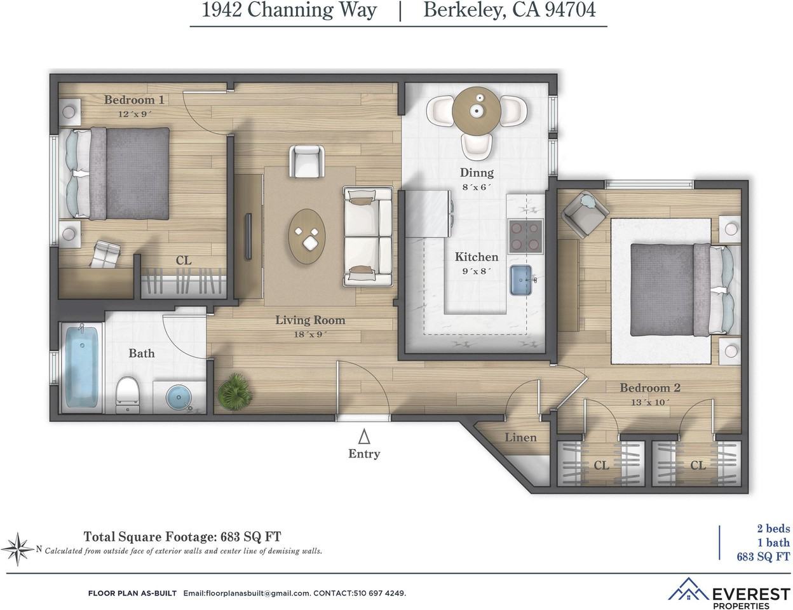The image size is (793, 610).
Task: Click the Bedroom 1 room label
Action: click(x=134, y=100)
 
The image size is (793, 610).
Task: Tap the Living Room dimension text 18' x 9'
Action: click(x=310, y=334)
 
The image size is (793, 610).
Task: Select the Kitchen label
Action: click(x=476, y=257)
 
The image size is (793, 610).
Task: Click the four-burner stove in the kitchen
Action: click(x=525, y=235)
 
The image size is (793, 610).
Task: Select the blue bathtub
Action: click(x=82, y=367)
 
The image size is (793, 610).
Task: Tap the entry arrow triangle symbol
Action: click(x=364, y=437)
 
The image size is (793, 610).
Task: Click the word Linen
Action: click(x=520, y=437)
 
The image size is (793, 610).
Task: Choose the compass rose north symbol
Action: click(x=18, y=547)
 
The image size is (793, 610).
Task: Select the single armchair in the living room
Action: click(x=306, y=161)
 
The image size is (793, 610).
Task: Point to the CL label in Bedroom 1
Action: click(x=184, y=261)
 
